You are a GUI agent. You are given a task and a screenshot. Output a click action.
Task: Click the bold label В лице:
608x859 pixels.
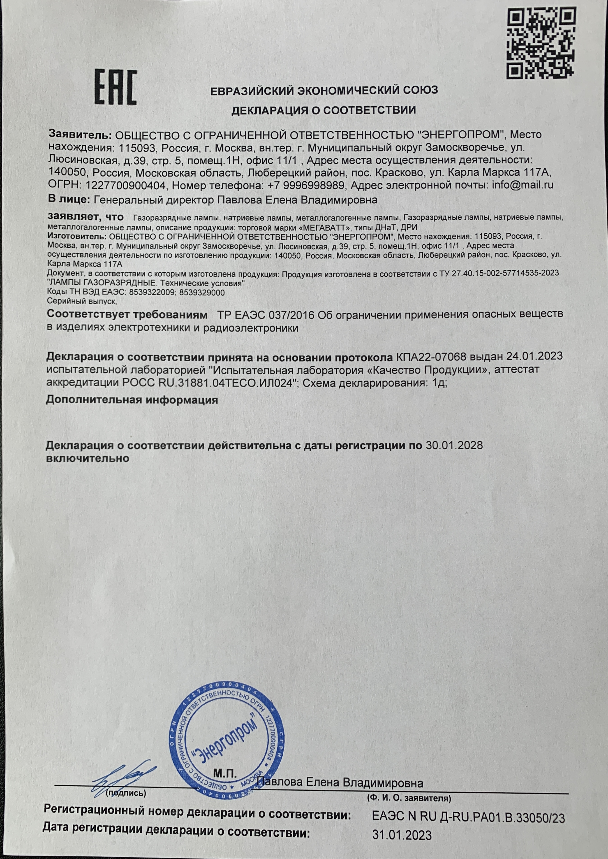(69, 200)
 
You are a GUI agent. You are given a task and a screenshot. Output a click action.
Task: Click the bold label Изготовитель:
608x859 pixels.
(77, 237)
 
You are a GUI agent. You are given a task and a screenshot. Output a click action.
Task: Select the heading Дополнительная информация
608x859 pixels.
(132, 400)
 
